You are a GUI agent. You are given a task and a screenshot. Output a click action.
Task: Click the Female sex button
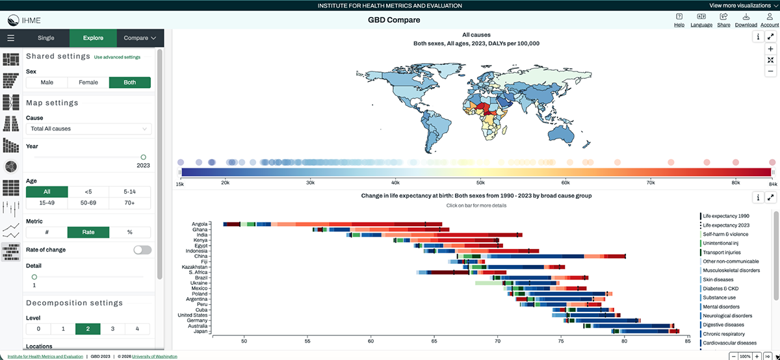click(88, 83)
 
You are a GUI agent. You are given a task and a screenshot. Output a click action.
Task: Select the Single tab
click(46, 38)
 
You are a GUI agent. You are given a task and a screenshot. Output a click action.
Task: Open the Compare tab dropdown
click(140, 38)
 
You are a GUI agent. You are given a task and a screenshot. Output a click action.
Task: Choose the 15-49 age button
click(46, 203)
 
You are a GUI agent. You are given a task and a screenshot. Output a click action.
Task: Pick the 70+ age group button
click(130, 203)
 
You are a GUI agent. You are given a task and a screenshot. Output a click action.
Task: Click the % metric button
click(130, 232)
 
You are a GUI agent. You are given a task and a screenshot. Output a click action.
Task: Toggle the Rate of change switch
click(142, 250)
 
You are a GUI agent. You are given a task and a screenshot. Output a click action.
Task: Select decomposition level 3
click(113, 329)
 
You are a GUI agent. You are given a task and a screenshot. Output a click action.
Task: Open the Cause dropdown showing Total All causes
click(88, 129)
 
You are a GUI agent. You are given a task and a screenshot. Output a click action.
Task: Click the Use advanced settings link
click(117, 57)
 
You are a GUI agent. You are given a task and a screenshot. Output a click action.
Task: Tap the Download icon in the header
click(746, 20)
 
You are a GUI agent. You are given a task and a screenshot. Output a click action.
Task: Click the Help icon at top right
click(679, 20)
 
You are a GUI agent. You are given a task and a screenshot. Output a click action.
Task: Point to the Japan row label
click(200, 331)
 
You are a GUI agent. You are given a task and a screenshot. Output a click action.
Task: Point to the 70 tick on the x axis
click(497, 340)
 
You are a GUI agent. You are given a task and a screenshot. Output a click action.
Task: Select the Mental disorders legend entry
click(724, 306)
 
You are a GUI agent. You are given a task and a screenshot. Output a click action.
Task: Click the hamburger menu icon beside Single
click(11, 38)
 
